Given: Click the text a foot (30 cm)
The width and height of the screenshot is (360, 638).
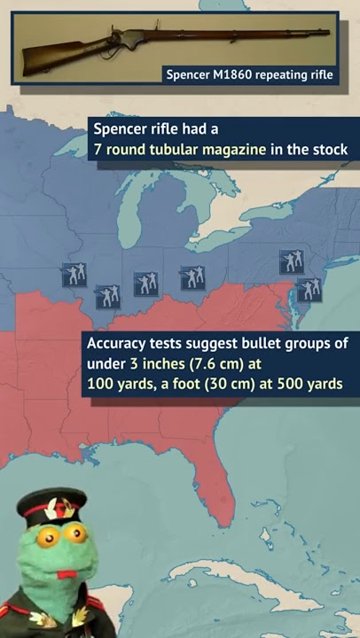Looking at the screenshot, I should pos(207,385).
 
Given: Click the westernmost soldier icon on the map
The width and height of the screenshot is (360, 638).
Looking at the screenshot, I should pos(74,274).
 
